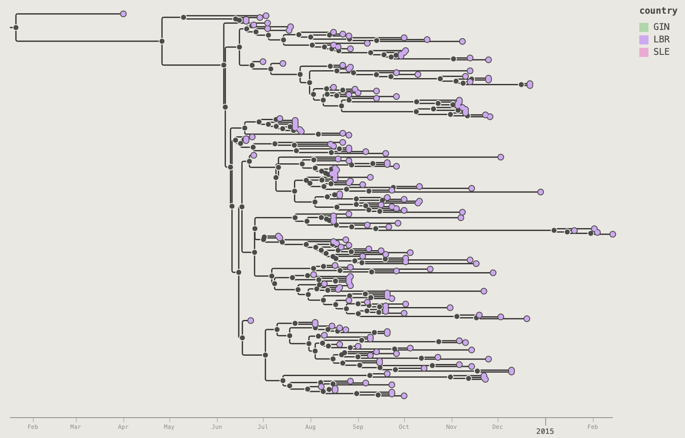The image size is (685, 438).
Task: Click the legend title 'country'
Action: (658, 11)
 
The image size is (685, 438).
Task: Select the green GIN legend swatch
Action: (644, 27)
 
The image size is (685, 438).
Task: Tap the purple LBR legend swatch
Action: (644, 40)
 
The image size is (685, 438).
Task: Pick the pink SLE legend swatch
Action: (644, 52)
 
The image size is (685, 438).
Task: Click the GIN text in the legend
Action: (661, 27)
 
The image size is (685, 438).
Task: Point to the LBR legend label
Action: (661, 40)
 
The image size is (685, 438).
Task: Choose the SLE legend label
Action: (661, 52)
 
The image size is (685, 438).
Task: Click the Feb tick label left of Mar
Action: (33, 427)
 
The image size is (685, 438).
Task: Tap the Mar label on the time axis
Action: (76, 427)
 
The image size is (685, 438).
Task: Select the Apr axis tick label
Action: (123, 427)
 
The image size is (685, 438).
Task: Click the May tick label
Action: (169, 427)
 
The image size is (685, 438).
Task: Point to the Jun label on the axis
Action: (217, 427)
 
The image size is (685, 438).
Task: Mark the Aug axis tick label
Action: (311, 427)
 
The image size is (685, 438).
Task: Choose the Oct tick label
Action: (404, 427)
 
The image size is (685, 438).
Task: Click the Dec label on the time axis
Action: (497, 427)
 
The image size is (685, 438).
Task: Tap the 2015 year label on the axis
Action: (545, 432)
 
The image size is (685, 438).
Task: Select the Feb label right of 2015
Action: (593, 427)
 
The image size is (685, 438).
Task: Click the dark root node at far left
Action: (16, 27)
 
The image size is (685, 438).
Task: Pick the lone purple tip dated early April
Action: (123, 14)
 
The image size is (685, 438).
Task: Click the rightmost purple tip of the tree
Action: (612, 234)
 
